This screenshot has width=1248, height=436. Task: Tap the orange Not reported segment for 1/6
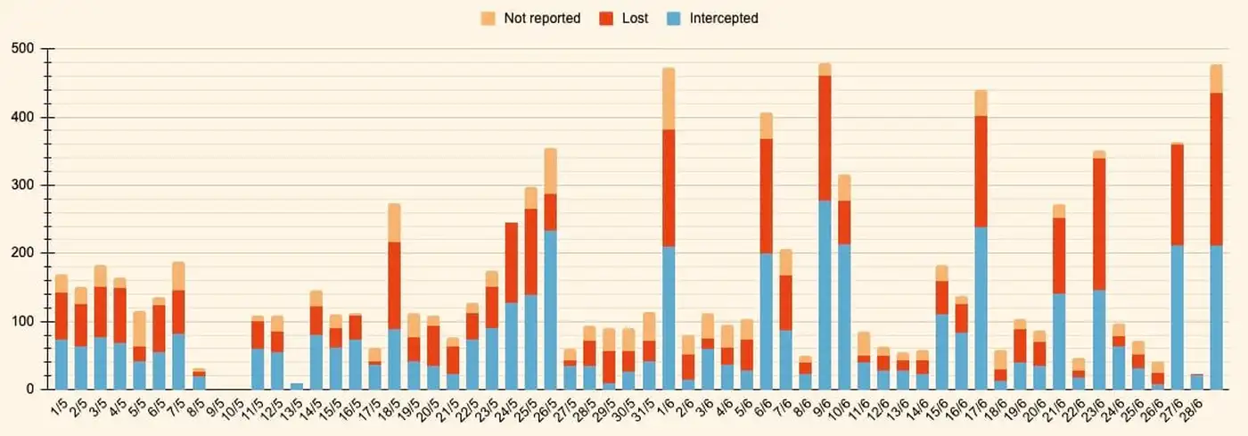click(x=669, y=98)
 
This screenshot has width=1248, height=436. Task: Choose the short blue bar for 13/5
click(x=296, y=386)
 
